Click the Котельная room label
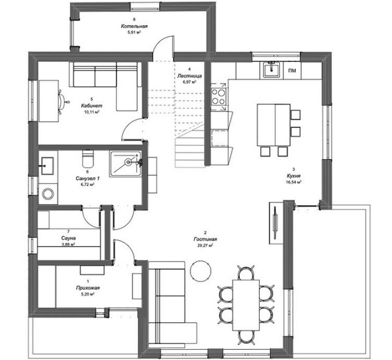coord(134,26)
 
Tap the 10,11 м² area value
coord(92,112)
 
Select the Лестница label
coord(189,76)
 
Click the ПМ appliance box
coord(292,71)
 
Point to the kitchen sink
coord(272,70)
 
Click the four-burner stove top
coord(219,97)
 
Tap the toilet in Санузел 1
coord(88,158)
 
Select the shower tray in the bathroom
coord(125,164)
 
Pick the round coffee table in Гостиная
coord(201,270)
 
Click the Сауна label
coord(68,238)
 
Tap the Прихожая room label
coord(88,288)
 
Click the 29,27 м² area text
coord(205,245)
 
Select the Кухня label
coord(294,176)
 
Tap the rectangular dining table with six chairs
coord(246,305)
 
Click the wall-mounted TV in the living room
coord(275,223)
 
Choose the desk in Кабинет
coord(48,101)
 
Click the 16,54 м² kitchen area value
coord(294,182)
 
